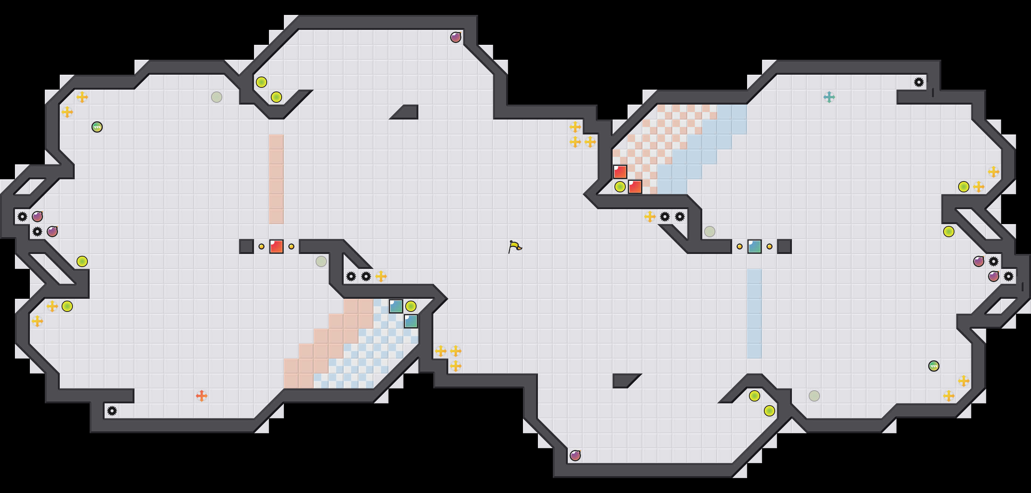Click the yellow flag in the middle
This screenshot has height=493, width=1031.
[x=515, y=246]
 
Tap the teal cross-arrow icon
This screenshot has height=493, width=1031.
[x=829, y=97]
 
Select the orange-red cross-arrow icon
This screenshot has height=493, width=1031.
[x=201, y=396]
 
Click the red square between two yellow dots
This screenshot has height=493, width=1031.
[x=276, y=246]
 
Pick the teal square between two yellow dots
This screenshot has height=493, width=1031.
[x=755, y=246]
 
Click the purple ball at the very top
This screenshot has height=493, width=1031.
[x=455, y=37]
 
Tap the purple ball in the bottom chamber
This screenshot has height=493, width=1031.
[x=575, y=455]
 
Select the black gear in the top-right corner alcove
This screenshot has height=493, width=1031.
[x=919, y=82]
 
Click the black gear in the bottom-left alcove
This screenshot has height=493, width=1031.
[x=112, y=410]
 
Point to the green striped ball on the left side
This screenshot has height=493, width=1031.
[x=97, y=127]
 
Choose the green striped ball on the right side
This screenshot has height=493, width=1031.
[x=934, y=366]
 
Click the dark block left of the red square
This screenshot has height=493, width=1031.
[x=246, y=246]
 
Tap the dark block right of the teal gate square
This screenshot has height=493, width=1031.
[x=784, y=246]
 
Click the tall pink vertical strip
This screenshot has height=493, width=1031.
[x=276, y=179]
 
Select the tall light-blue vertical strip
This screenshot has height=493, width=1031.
[x=755, y=313]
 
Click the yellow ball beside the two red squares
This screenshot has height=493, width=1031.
[x=620, y=186]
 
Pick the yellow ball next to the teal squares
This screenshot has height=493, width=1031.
[x=411, y=306]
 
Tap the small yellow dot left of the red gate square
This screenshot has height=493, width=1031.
[x=261, y=246]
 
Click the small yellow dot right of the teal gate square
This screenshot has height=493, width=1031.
[x=769, y=246]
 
